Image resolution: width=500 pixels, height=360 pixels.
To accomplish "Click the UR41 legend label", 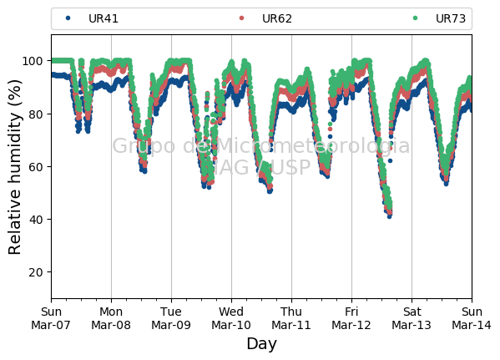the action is pyautogui.click(x=104, y=18).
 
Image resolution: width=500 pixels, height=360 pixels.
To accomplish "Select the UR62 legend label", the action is pyautogui.click(x=277, y=18).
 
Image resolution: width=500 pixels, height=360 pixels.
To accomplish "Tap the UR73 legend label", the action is pyautogui.click(x=451, y=18).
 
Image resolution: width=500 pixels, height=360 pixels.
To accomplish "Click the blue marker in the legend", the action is pyautogui.click(x=68, y=18).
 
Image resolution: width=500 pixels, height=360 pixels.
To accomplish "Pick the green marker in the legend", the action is pyautogui.click(x=415, y=18).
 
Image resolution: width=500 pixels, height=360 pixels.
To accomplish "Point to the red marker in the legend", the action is pyautogui.click(x=241, y=18).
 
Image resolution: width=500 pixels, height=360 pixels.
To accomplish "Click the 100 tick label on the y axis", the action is pyautogui.click(x=33, y=61).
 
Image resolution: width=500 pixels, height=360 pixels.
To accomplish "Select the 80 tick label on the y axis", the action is pyautogui.click(x=36, y=114).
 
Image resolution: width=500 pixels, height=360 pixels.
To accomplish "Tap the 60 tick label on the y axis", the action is pyautogui.click(x=36, y=166).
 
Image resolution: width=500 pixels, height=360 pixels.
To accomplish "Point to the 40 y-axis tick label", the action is pyautogui.click(x=36, y=220).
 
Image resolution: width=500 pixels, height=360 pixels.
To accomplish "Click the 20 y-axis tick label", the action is pyautogui.click(x=36, y=272).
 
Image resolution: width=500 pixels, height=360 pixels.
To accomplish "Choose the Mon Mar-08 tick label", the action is pyautogui.click(x=111, y=318).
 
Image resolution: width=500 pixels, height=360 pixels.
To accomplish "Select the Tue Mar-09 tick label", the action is pyautogui.click(x=171, y=318).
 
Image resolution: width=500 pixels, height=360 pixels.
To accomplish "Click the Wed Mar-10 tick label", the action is pyautogui.click(x=231, y=318).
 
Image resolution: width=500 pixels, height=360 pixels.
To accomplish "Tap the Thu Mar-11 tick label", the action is pyautogui.click(x=291, y=318).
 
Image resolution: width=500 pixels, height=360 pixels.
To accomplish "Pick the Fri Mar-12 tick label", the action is pyautogui.click(x=351, y=318).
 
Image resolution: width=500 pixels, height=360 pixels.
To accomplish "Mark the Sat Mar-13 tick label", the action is pyautogui.click(x=412, y=318).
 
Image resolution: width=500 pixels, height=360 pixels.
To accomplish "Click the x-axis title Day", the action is pyautogui.click(x=262, y=344).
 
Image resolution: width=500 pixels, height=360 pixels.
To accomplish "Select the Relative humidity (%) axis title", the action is pyautogui.click(x=15, y=167).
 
